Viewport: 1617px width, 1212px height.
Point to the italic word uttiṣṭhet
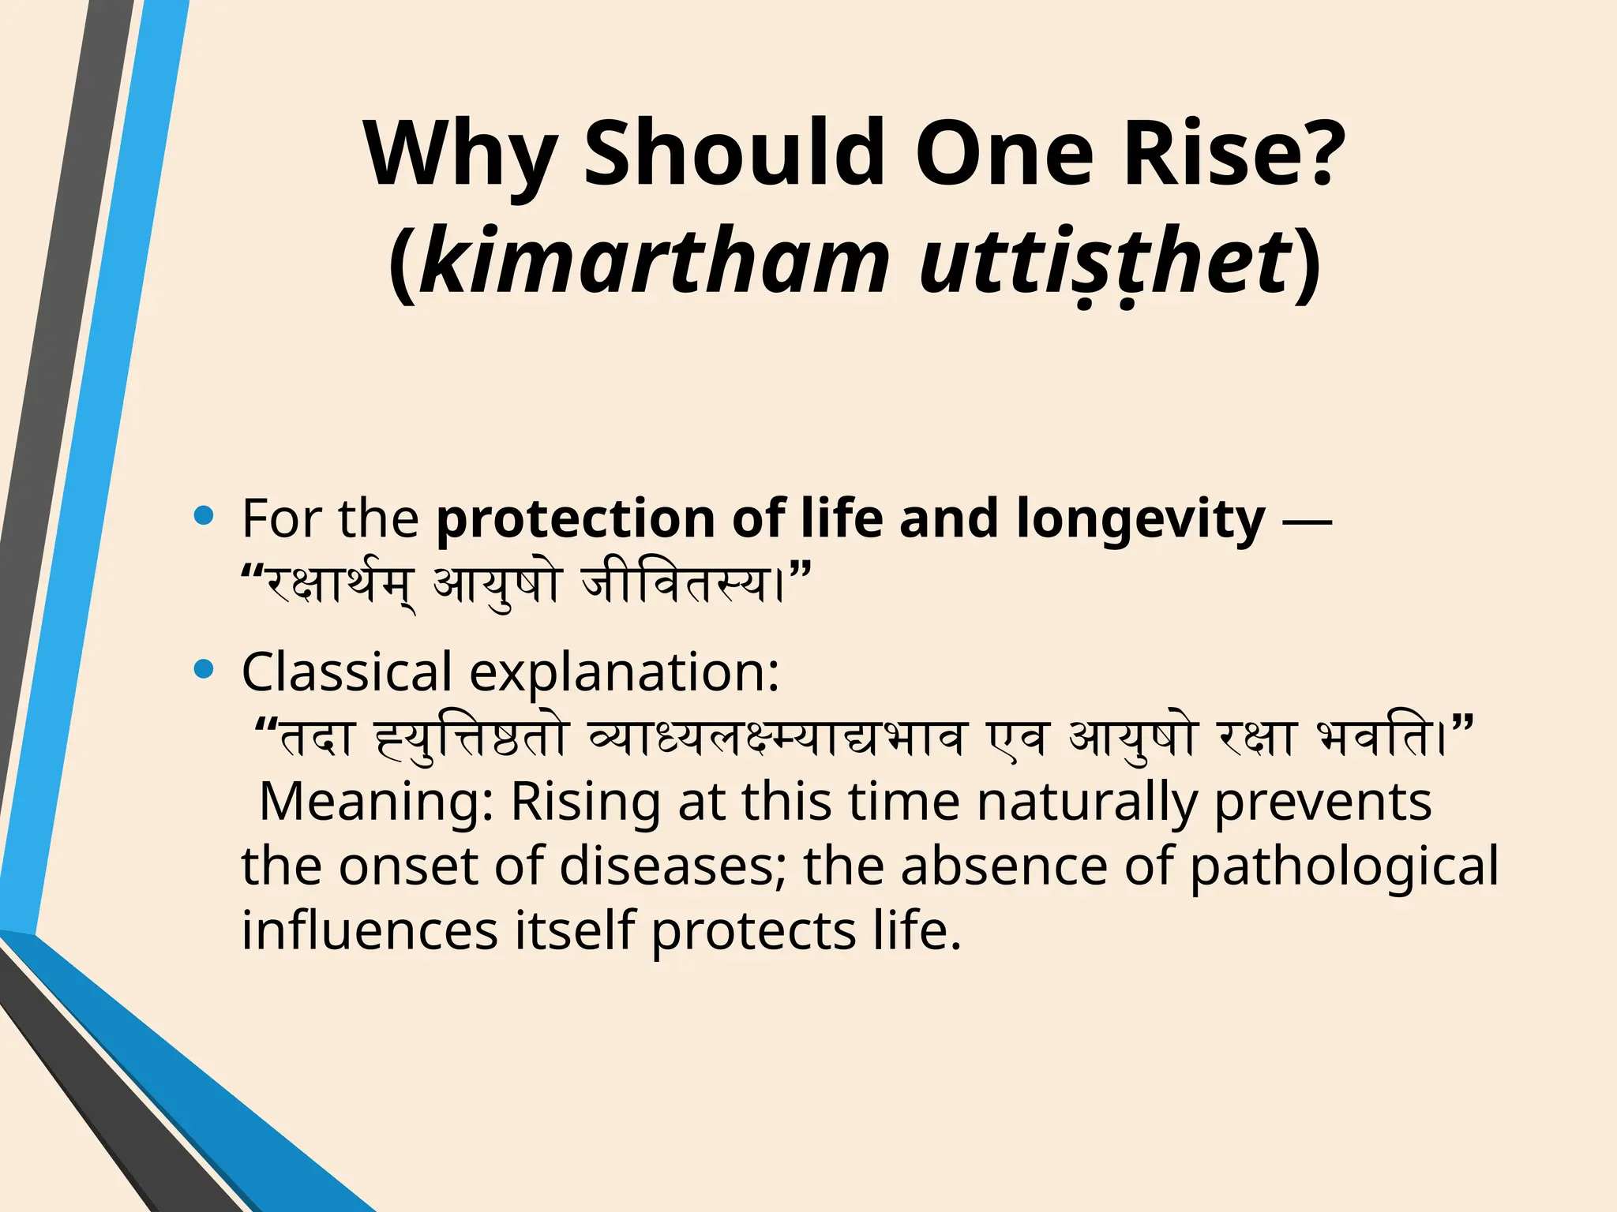[1105, 260]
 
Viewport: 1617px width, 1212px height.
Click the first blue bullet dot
[204, 517]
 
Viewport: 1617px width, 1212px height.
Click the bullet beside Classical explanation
[204, 670]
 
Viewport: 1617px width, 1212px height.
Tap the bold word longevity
[1140, 518]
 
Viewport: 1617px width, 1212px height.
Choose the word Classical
[347, 671]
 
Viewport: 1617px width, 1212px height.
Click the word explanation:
[625, 671]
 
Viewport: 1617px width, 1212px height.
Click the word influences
[370, 930]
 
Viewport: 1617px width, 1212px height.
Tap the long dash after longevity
[1307, 520]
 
